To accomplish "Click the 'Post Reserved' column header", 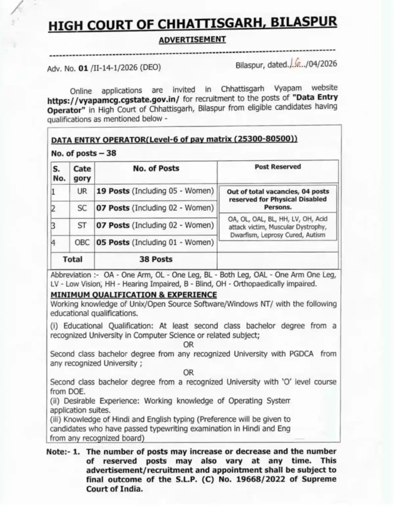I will click(277, 167).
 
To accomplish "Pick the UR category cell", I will click(82, 191).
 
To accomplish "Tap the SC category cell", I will click(82, 208).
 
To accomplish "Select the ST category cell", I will click(82, 225).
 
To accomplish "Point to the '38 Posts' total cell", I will click(156, 259).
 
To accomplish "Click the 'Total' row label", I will click(72, 259).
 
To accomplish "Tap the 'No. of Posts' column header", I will click(156, 169).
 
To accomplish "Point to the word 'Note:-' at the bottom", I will click(60, 452).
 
